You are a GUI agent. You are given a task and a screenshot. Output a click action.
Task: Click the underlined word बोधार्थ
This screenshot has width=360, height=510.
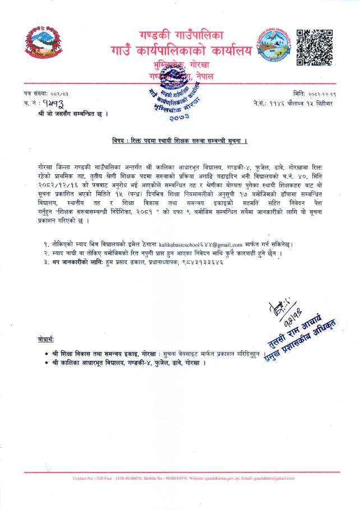click(x=46, y=341)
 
